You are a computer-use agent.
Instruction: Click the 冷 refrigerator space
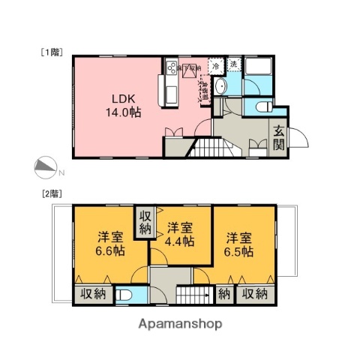[216, 66]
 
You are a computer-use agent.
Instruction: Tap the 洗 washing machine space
[234, 65]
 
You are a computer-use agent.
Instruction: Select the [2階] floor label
[50, 193]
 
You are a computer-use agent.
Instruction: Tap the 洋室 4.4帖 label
[181, 235]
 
